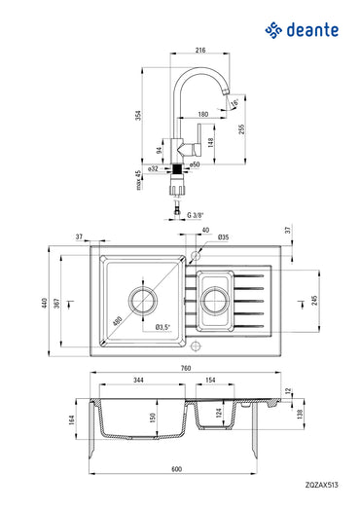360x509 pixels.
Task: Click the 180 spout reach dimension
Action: [x=202, y=115]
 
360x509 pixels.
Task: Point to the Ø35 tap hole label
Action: [x=223, y=237]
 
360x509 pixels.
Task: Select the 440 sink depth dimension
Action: [x=45, y=302]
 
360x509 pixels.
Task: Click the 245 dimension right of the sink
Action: [x=314, y=302]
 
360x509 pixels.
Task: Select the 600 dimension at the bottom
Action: [x=176, y=469]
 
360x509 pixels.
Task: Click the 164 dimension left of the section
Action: [x=72, y=420]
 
